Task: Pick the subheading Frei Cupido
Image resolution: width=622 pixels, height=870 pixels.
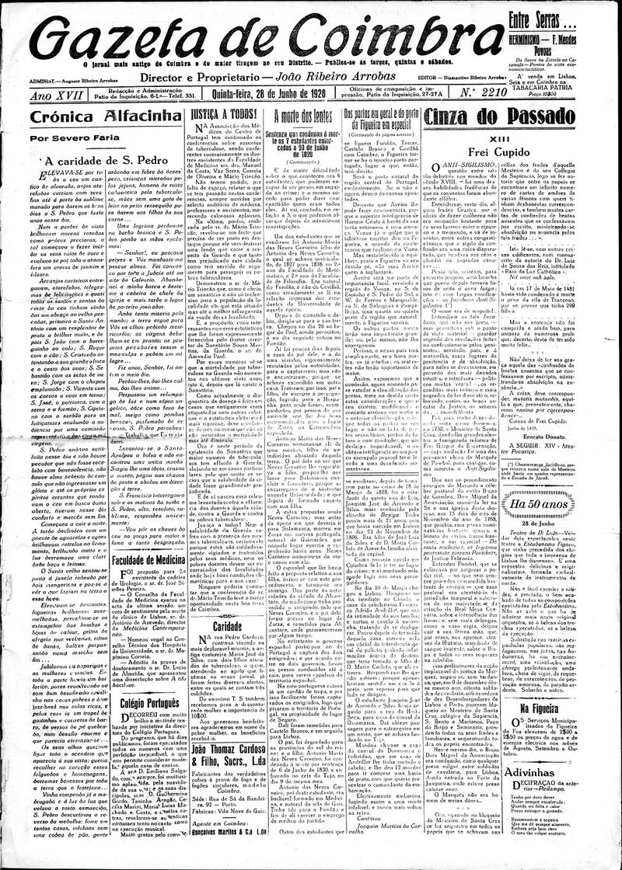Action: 536,153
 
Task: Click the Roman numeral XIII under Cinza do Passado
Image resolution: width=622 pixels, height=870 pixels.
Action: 536,138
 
